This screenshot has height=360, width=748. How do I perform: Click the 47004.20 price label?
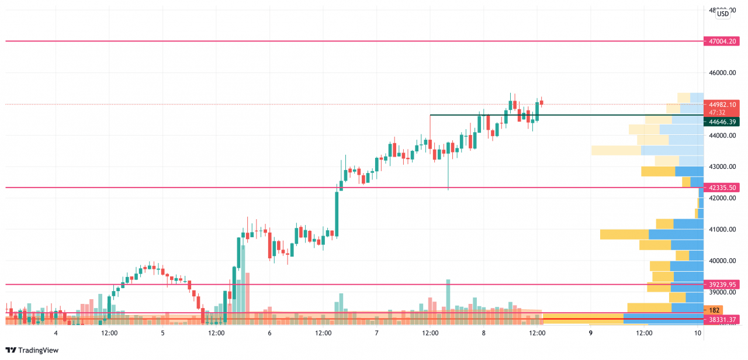(x=723, y=41)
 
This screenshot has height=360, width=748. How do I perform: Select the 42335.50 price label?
(x=723, y=188)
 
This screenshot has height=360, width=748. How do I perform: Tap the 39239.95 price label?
(x=723, y=285)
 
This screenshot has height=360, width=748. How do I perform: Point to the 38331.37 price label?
(x=723, y=320)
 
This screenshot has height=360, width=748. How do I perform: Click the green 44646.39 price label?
(x=723, y=122)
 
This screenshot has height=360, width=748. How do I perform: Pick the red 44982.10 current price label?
(x=723, y=104)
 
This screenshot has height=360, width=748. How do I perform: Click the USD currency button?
(x=723, y=14)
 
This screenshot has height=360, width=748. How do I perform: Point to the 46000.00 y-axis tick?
(x=722, y=73)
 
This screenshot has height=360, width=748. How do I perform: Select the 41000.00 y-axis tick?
(x=722, y=229)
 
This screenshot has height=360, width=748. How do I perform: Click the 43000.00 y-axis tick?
(x=722, y=167)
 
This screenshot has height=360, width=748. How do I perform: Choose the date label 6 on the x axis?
(x=269, y=333)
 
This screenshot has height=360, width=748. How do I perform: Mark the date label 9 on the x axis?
(x=591, y=333)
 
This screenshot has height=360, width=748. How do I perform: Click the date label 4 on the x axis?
(x=56, y=333)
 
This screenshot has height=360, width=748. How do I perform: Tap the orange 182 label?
(x=715, y=310)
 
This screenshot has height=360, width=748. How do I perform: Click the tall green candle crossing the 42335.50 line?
(x=337, y=214)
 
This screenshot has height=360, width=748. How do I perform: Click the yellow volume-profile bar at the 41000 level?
(x=624, y=234)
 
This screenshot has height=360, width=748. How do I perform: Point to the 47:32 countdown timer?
(x=718, y=112)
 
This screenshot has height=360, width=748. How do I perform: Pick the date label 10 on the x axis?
(x=698, y=333)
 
